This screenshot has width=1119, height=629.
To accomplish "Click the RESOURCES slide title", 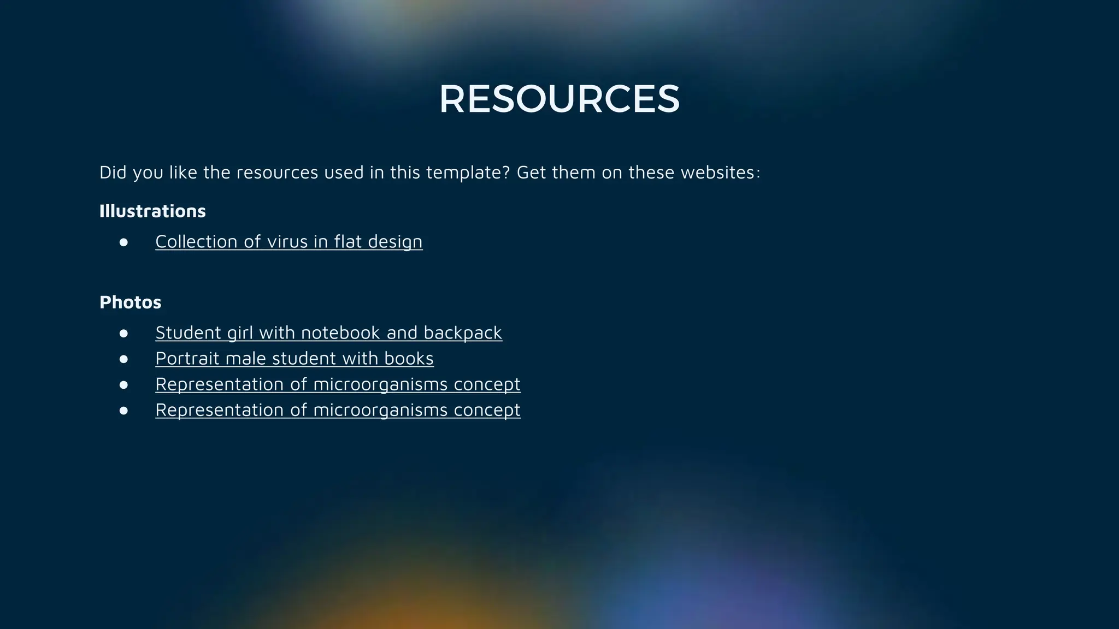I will coord(559,99).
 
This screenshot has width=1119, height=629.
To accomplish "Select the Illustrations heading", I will coord(152,211).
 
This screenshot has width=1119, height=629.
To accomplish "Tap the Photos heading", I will coord(130,302).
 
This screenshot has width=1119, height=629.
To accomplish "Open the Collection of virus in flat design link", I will coord(288,241).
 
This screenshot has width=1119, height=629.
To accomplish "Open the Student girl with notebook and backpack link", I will coord(328,333).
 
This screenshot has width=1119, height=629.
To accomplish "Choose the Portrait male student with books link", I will coord(294,358).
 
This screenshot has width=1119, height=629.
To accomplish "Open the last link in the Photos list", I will coord(338,410).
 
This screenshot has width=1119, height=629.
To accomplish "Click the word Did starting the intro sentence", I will coord(113,173).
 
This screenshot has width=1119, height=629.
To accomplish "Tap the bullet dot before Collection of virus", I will coord(123,242).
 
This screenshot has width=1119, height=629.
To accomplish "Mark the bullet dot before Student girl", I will coord(123,333).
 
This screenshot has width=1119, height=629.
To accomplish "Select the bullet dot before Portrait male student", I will coord(123,359).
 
